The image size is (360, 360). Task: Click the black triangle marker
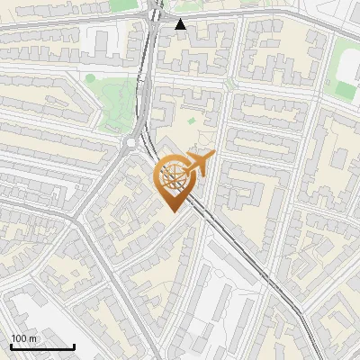point(181,24)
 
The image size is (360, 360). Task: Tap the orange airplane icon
point(200,164)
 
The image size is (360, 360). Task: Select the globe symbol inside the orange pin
point(173,177)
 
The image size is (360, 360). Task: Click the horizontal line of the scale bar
point(42,347)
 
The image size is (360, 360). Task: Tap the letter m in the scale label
point(33,338)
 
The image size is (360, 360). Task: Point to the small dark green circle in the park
point(90,78)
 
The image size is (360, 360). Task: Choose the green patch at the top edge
point(123,4)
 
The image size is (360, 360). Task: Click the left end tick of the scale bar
point(11,346)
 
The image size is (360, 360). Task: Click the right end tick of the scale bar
point(74,346)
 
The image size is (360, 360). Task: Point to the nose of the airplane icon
point(213,157)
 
